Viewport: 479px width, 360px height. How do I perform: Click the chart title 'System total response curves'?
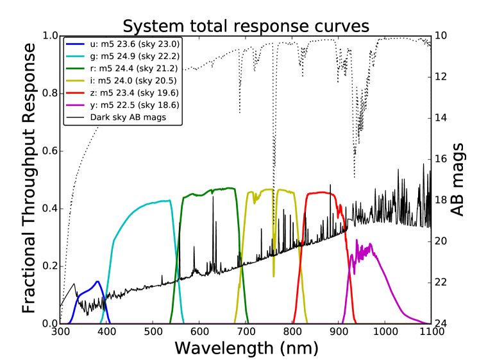pos(246,26)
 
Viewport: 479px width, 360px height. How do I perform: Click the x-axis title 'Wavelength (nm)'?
pos(246,348)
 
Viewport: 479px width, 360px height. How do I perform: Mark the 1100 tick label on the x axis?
pos(430,332)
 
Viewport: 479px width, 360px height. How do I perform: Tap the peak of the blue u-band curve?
pos(97,282)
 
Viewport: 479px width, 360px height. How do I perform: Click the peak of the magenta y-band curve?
pos(357,241)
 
